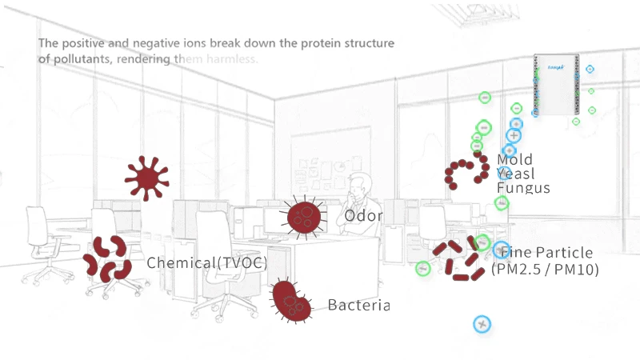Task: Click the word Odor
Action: pyautogui.click(x=363, y=216)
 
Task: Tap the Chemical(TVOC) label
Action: pyautogui.click(x=206, y=262)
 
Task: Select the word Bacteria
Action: pyautogui.click(x=358, y=305)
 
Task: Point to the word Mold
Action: pyautogui.click(x=514, y=159)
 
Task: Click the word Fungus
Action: pyautogui.click(x=523, y=189)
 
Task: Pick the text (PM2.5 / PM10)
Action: pyautogui.click(x=545, y=270)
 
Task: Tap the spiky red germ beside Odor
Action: pyautogui.click(x=303, y=215)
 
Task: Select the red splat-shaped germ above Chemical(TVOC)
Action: pyautogui.click(x=146, y=178)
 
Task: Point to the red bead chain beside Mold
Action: pyautogui.click(x=467, y=170)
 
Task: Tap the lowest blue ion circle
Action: pyautogui.click(x=481, y=324)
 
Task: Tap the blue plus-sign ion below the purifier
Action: pyautogui.click(x=514, y=136)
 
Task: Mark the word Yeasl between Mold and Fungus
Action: pyautogui.click(x=515, y=174)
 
